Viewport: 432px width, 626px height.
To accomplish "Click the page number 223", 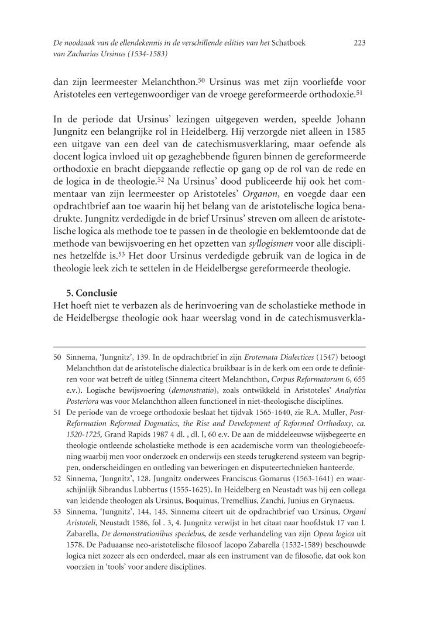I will pyautogui.click(x=360, y=43).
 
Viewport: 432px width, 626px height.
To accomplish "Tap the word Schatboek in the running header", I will pyautogui.click(x=286, y=43).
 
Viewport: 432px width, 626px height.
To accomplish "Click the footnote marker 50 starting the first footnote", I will pyautogui.click(x=57, y=356).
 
